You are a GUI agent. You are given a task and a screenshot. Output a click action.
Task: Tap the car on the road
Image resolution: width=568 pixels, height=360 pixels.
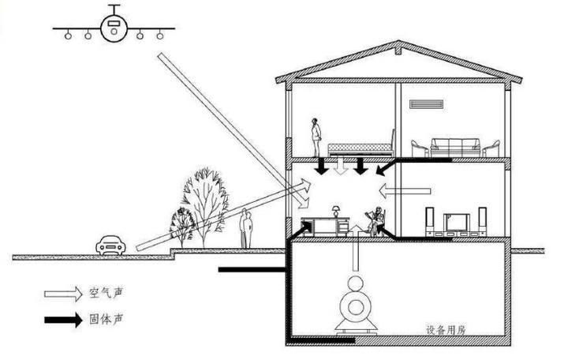coord(110,246)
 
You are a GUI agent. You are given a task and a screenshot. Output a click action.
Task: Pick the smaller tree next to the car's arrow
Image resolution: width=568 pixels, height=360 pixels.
coord(182,225)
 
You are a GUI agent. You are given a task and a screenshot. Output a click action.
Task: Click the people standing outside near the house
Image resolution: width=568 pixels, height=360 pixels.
coord(247,229)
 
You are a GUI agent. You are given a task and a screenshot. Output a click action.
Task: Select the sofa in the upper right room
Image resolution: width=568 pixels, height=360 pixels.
coord(455,146)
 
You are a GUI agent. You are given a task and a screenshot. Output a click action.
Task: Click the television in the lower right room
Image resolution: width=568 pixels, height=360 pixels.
coord(457,221)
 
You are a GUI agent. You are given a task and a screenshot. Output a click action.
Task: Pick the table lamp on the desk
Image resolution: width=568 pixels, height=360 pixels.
coord(337,211)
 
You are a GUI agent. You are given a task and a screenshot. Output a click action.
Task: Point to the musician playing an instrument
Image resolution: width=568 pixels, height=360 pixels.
coord(378,220)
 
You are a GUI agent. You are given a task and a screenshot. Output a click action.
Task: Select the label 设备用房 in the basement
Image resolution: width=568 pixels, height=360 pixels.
coord(445,331)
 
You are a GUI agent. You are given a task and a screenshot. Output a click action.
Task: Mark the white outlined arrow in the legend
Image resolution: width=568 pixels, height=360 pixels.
coord(62,294)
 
